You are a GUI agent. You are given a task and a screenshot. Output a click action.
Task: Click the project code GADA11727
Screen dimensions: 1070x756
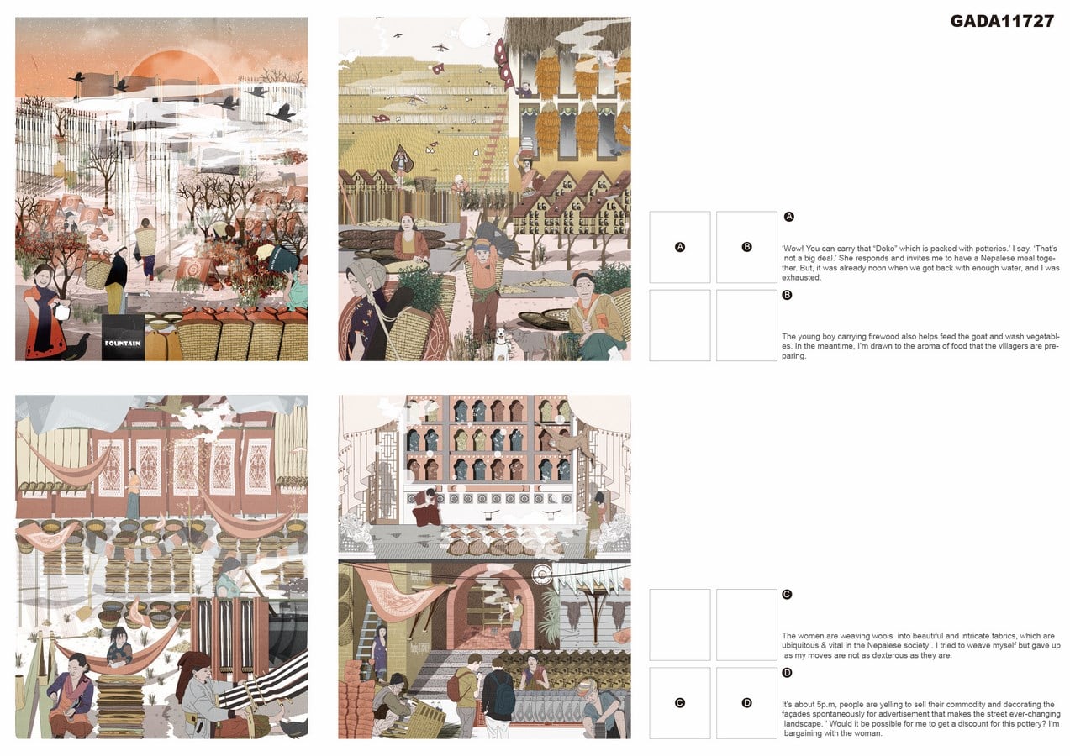1002,21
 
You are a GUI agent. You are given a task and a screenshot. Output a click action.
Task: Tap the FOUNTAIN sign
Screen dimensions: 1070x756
123,344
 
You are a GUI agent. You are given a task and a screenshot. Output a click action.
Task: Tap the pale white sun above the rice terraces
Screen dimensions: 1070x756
474,33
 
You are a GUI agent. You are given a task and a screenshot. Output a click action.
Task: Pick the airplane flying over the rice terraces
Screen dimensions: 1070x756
441,47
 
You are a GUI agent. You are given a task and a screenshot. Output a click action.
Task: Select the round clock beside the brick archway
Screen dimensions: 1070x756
542,575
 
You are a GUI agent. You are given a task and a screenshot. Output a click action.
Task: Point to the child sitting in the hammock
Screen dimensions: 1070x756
119,647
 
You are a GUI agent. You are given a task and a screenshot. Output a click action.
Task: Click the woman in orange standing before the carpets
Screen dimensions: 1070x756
134,494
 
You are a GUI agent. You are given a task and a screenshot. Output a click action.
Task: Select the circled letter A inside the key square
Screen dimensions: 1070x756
680,247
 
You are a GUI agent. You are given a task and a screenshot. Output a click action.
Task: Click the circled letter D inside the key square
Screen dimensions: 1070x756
746,702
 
